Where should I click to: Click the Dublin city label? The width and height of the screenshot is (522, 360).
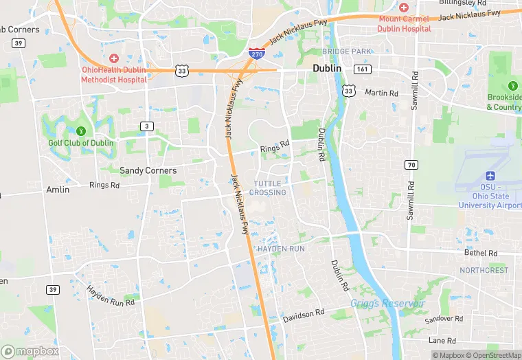tap(328, 69)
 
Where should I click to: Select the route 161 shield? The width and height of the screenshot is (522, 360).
tap(362, 70)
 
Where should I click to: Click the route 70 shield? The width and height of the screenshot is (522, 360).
tap(411, 164)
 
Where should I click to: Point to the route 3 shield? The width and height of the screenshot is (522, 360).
tap(147, 126)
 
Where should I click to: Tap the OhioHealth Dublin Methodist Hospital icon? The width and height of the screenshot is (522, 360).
tap(113, 59)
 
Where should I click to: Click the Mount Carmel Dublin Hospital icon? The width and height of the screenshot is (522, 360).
tap(404, 7)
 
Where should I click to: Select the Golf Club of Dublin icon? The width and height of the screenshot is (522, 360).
tap(81, 131)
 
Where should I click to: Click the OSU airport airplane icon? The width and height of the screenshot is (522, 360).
tap(490, 177)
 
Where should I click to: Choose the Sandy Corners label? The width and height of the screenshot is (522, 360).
tap(148, 170)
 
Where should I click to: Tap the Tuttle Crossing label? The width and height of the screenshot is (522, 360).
tap(268, 188)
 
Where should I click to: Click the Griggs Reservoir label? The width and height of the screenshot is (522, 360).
tap(387, 303)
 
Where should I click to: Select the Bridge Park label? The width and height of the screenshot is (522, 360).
tap(346, 52)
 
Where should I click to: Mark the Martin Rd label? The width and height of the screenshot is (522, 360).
tap(381, 93)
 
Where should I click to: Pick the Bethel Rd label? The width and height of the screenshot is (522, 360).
tap(481, 253)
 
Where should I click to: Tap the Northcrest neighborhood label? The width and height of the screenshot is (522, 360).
tap(484, 270)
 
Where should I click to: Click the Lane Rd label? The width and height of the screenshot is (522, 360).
tap(442, 340)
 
